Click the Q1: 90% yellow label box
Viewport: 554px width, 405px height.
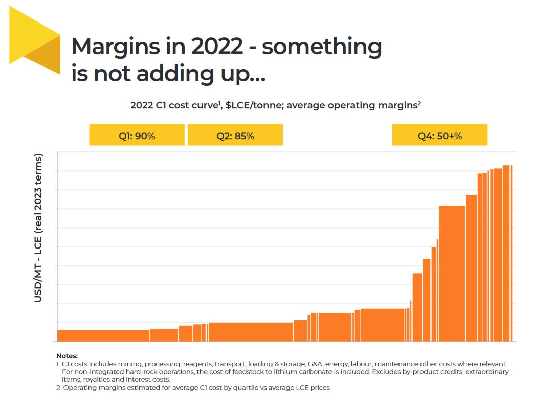pyautogui.click(x=137, y=135)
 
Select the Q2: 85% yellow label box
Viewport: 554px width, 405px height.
pyautogui.click(x=235, y=135)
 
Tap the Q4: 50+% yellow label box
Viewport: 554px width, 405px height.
pyautogui.click(x=439, y=135)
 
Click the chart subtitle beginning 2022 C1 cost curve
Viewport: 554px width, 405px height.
pyautogui.click(x=276, y=105)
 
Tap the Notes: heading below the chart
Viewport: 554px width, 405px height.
pyautogui.click(x=67, y=356)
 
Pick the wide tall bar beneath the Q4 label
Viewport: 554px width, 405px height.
pyautogui.click(x=452, y=273)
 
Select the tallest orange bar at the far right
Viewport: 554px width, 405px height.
pyautogui.click(x=507, y=253)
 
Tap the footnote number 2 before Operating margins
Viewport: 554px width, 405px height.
pyautogui.click(x=58, y=388)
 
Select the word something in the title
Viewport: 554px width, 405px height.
pyautogui.click(x=322, y=47)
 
